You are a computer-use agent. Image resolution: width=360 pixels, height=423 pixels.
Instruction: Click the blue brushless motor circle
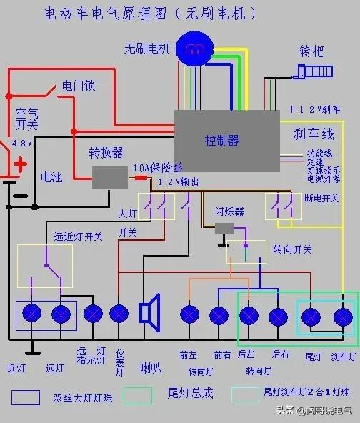194,49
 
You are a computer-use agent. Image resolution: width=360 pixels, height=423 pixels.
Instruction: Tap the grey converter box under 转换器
110,176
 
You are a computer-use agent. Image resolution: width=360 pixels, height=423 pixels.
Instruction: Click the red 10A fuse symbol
141,176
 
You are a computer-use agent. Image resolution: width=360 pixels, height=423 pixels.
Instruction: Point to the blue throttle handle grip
315,71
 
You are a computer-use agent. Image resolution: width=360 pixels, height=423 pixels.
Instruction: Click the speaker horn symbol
149,313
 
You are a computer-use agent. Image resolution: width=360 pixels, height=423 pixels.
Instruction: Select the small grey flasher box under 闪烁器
225,228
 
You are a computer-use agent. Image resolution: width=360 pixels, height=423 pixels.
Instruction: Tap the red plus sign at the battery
21,165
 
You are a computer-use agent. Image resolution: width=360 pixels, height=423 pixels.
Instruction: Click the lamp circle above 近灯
31,314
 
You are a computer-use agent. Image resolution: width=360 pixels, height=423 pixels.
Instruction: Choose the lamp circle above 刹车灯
344,315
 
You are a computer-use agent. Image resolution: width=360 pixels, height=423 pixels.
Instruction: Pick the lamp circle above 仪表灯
119,314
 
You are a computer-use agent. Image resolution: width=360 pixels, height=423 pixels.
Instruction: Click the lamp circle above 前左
189,314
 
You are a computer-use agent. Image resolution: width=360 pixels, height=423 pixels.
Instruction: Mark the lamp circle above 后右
279,315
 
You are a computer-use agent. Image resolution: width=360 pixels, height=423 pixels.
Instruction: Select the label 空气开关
26,118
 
